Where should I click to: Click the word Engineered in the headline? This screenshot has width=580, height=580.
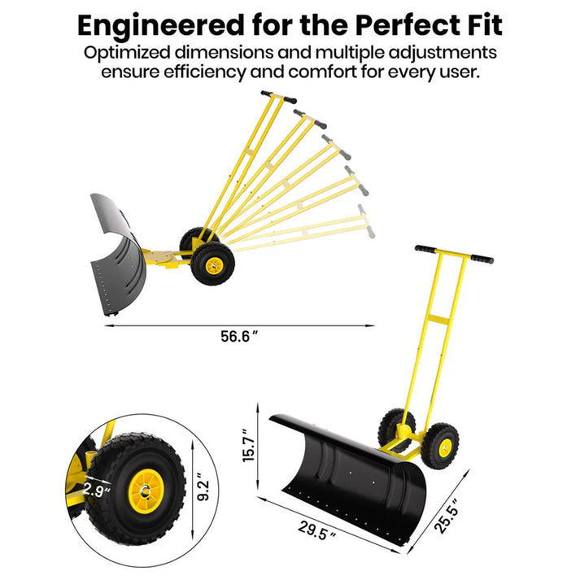pyautogui.click(x=161, y=25)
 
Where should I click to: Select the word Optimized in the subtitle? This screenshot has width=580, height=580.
pyautogui.click(x=127, y=53)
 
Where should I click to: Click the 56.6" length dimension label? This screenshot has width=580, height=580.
pyautogui.click(x=239, y=336)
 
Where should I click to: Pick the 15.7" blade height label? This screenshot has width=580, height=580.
pyautogui.click(x=249, y=445)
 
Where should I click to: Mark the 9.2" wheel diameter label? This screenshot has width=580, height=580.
pyautogui.click(x=203, y=486)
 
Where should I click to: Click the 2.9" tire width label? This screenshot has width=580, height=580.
pyautogui.click(x=97, y=491)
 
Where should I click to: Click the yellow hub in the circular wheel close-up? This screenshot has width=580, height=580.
pyautogui.click(x=146, y=491)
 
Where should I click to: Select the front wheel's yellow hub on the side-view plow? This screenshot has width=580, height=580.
pyautogui.click(x=214, y=265)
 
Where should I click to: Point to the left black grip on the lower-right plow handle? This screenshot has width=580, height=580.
pyautogui.click(x=425, y=249)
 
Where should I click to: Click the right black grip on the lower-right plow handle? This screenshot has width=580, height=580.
pyautogui.click(x=482, y=259)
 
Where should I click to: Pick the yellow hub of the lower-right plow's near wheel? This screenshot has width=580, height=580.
pyautogui.click(x=445, y=447)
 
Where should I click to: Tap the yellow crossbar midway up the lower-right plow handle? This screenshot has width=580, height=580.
pyautogui.click(x=438, y=320)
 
